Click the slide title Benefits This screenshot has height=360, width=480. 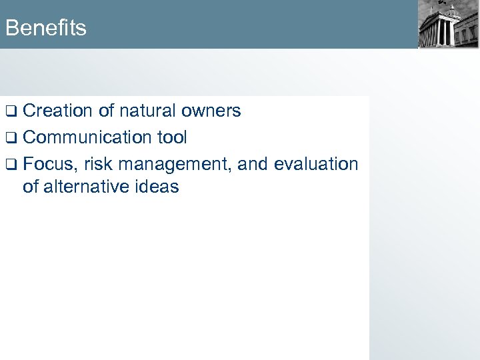45,28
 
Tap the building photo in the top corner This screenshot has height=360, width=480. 448,25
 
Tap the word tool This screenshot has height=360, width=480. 172,137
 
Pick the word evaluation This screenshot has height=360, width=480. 316,164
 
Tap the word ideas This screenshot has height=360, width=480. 158,187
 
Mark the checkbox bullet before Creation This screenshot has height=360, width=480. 11,111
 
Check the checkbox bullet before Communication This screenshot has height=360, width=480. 11,138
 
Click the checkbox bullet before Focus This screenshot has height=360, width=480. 11,165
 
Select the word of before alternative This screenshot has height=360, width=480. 31,187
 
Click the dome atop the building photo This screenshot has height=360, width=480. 452,11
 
